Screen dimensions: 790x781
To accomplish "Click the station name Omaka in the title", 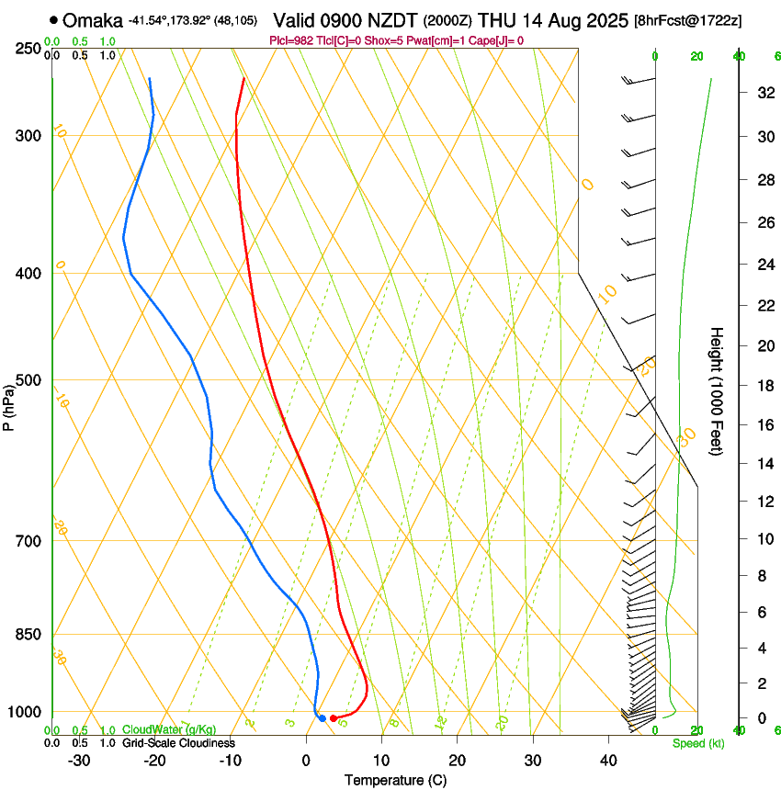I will click(93, 20).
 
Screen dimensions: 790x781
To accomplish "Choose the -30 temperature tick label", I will click(79, 761).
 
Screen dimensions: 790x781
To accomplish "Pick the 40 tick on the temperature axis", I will click(607, 761).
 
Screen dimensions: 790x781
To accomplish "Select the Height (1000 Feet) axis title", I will click(718, 390).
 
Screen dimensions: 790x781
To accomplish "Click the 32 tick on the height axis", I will click(763, 93).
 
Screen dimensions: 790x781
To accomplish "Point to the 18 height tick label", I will click(763, 385).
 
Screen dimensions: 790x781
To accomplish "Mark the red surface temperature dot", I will click(333, 717).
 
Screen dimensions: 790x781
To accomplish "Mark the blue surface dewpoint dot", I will click(322, 717).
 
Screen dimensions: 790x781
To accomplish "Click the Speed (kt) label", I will click(697, 743).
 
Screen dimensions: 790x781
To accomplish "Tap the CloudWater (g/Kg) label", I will click(156, 730).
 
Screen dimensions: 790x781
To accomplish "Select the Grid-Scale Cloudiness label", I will click(178, 743).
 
